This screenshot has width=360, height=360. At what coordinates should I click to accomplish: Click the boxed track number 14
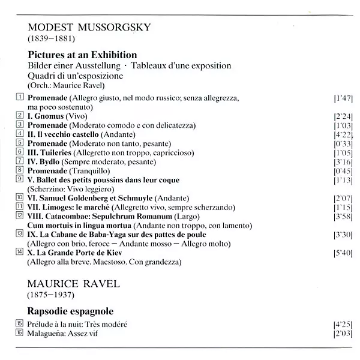(x=20, y=252)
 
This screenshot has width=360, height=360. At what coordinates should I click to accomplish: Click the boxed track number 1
(x=20, y=97)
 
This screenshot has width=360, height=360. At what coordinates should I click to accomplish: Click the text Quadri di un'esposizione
(x=75, y=76)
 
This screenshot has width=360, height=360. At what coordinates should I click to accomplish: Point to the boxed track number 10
(x=20, y=197)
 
